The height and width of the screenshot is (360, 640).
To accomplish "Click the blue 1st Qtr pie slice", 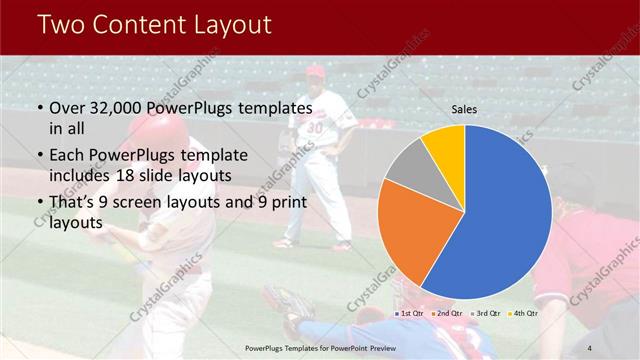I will click(505, 215).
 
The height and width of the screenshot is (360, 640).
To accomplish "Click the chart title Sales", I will click(464, 108).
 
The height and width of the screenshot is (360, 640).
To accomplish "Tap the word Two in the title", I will click(64, 24).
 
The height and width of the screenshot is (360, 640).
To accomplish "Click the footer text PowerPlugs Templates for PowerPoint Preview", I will click(320, 347).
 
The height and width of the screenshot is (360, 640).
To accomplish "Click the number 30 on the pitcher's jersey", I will click(314, 128).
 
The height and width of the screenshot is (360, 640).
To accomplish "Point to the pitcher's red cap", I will click(316, 72).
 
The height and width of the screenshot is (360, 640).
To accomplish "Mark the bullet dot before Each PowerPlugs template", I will click(39, 156).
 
